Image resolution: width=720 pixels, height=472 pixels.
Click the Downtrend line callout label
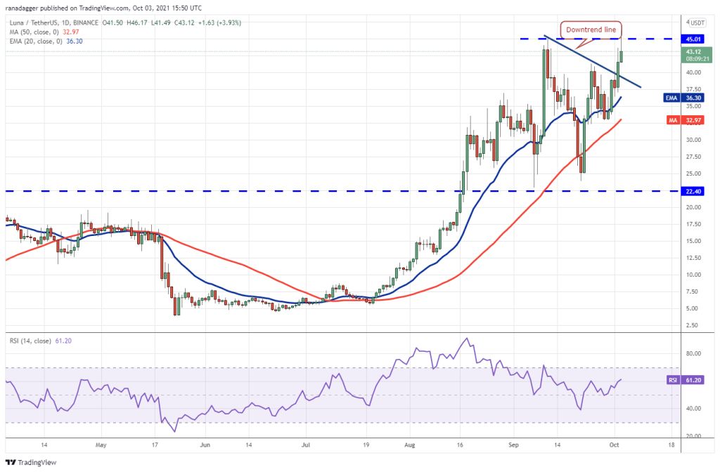pyautogui.click(x=591, y=29)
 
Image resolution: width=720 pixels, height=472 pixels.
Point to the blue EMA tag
pyautogui.click(x=671, y=98)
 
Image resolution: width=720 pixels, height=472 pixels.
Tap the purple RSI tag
pyautogui.click(x=672, y=379)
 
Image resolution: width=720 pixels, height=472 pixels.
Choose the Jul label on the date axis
pyautogui.click(x=306, y=445)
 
